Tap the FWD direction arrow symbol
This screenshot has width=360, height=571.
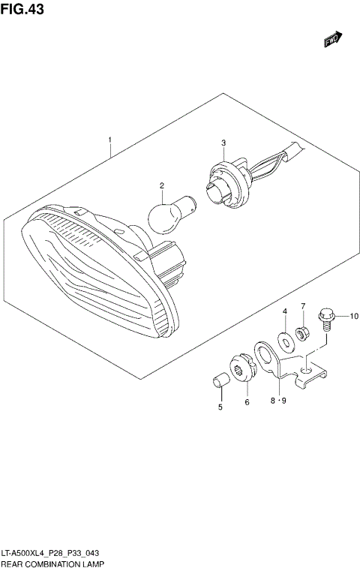333,39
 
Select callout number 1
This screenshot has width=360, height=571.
110,140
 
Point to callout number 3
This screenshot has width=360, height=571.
223,143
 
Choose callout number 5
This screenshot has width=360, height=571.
220,407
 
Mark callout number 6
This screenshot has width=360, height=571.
247,402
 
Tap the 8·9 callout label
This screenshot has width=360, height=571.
278,401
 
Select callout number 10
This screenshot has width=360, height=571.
355,317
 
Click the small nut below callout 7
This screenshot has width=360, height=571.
301,331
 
